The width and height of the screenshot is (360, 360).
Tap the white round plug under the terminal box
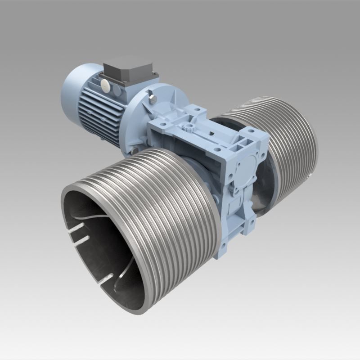coord(105,83)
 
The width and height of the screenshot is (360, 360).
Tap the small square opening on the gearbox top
coord(211,134)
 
